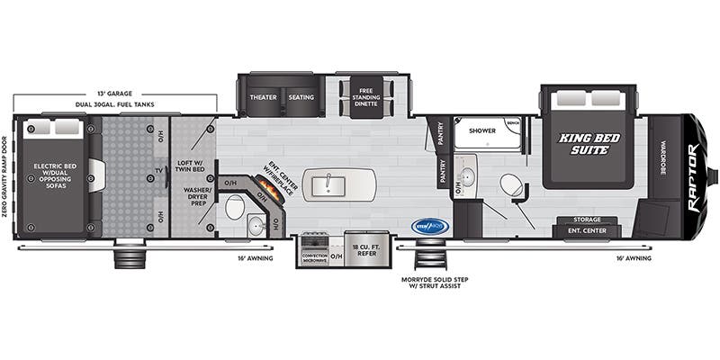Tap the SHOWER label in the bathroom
482,130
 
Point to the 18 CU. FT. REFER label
364,251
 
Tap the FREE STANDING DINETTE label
365,97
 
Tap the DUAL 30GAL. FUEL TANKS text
114,105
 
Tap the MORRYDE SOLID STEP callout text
435,283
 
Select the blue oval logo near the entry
429,226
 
